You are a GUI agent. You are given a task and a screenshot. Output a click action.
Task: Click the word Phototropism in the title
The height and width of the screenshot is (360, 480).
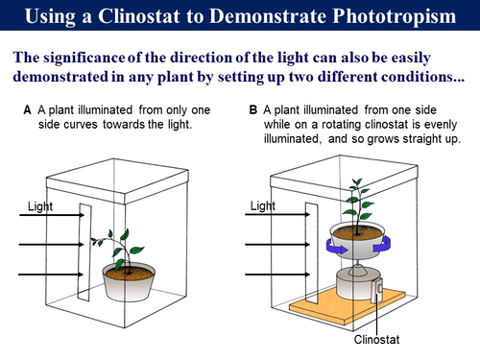pos(395,16)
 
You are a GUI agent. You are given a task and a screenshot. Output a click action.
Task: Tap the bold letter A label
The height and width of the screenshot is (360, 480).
pos(27,110)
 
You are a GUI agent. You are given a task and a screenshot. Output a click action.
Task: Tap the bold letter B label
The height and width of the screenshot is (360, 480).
pos(253,110)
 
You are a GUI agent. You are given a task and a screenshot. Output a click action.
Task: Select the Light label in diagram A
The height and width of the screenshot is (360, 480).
pos(40,206)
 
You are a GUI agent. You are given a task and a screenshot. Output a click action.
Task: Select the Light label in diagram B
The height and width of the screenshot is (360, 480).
pos(263,205)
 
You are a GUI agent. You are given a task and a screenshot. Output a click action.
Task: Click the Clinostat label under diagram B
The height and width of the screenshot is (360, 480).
pos(376,340)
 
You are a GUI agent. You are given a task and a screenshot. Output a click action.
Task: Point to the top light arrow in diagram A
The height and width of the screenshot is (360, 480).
pos(52,215)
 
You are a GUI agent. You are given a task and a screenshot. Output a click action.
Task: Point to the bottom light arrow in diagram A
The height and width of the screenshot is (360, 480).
pos(51,275)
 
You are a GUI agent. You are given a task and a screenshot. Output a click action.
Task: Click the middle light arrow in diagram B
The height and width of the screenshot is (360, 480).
pos(277,245)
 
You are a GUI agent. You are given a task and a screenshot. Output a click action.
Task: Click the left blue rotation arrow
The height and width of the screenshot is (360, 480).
pos(337,247)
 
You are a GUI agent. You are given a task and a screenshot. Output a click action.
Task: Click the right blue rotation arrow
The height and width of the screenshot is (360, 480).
pos(382,244)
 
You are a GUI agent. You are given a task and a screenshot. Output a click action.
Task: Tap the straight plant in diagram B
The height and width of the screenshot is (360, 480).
pos(358,204)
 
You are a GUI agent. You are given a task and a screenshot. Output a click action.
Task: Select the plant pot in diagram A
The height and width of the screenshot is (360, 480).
pos(129,282)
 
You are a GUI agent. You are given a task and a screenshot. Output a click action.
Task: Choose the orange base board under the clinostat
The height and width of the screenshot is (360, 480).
pos(348,307)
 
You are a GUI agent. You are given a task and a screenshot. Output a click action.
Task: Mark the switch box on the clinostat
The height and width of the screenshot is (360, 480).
pos(376,291)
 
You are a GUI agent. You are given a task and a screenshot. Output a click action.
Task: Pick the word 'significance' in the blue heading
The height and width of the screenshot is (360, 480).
pos(84,58)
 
